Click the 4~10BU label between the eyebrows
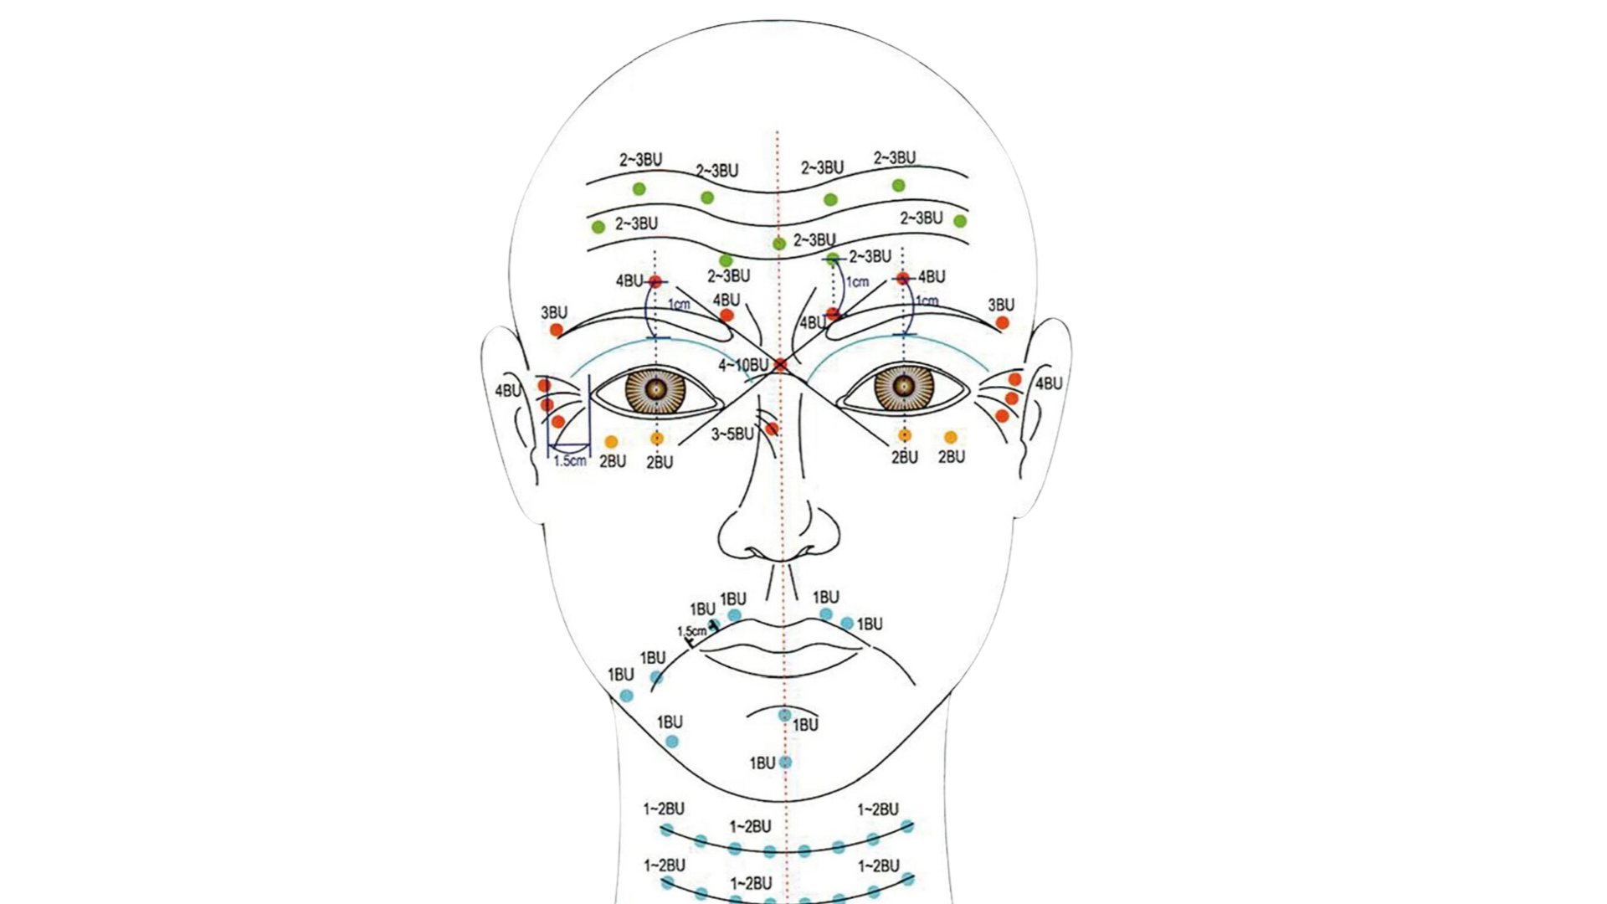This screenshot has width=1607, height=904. (x=742, y=366)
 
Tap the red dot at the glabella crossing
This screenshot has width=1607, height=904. (x=781, y=365)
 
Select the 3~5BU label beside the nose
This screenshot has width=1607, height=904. (x=732, y=434)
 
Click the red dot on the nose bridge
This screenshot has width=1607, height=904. (x=772, y=429)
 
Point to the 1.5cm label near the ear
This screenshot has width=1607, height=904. (x=570, y=460)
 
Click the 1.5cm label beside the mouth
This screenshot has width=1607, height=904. (x=691, y=631)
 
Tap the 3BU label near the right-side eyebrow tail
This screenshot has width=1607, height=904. (x=1001, y=305)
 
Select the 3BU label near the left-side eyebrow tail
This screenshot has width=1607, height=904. (x=553, y=312)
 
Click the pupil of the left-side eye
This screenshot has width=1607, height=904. (x=657, y=388)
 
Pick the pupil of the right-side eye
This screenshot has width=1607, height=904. (x=903, y=386)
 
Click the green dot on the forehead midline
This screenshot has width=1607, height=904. (x=779, y=243)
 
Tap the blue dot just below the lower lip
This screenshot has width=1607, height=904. (x=784, y=715)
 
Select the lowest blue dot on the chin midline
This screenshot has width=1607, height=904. (x=785, y=762)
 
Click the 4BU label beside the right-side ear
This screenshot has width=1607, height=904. (x=1049, y=383)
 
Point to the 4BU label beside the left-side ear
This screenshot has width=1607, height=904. (x=508, y=390)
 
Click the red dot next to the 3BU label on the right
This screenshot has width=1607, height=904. (x=1003, y=323)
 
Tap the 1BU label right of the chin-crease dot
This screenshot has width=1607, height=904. (x=805, y=725)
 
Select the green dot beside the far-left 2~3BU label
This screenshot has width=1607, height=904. (x=598, y=227)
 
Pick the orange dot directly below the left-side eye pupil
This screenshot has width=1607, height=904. (x=657, y=439)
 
